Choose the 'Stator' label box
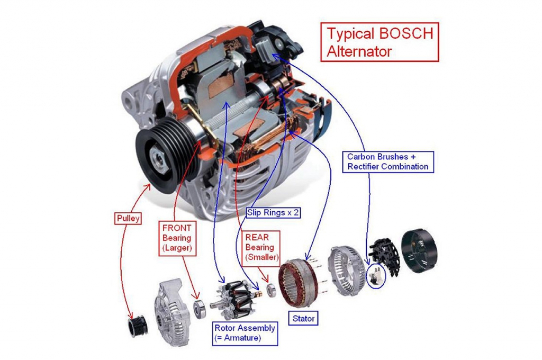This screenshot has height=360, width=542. (x=303, y=319)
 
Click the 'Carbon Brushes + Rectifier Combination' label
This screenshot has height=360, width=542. (x=388, y=161)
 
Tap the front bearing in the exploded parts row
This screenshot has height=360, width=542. (x=200, y=308)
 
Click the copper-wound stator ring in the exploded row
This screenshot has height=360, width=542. (x=301, y=283)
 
